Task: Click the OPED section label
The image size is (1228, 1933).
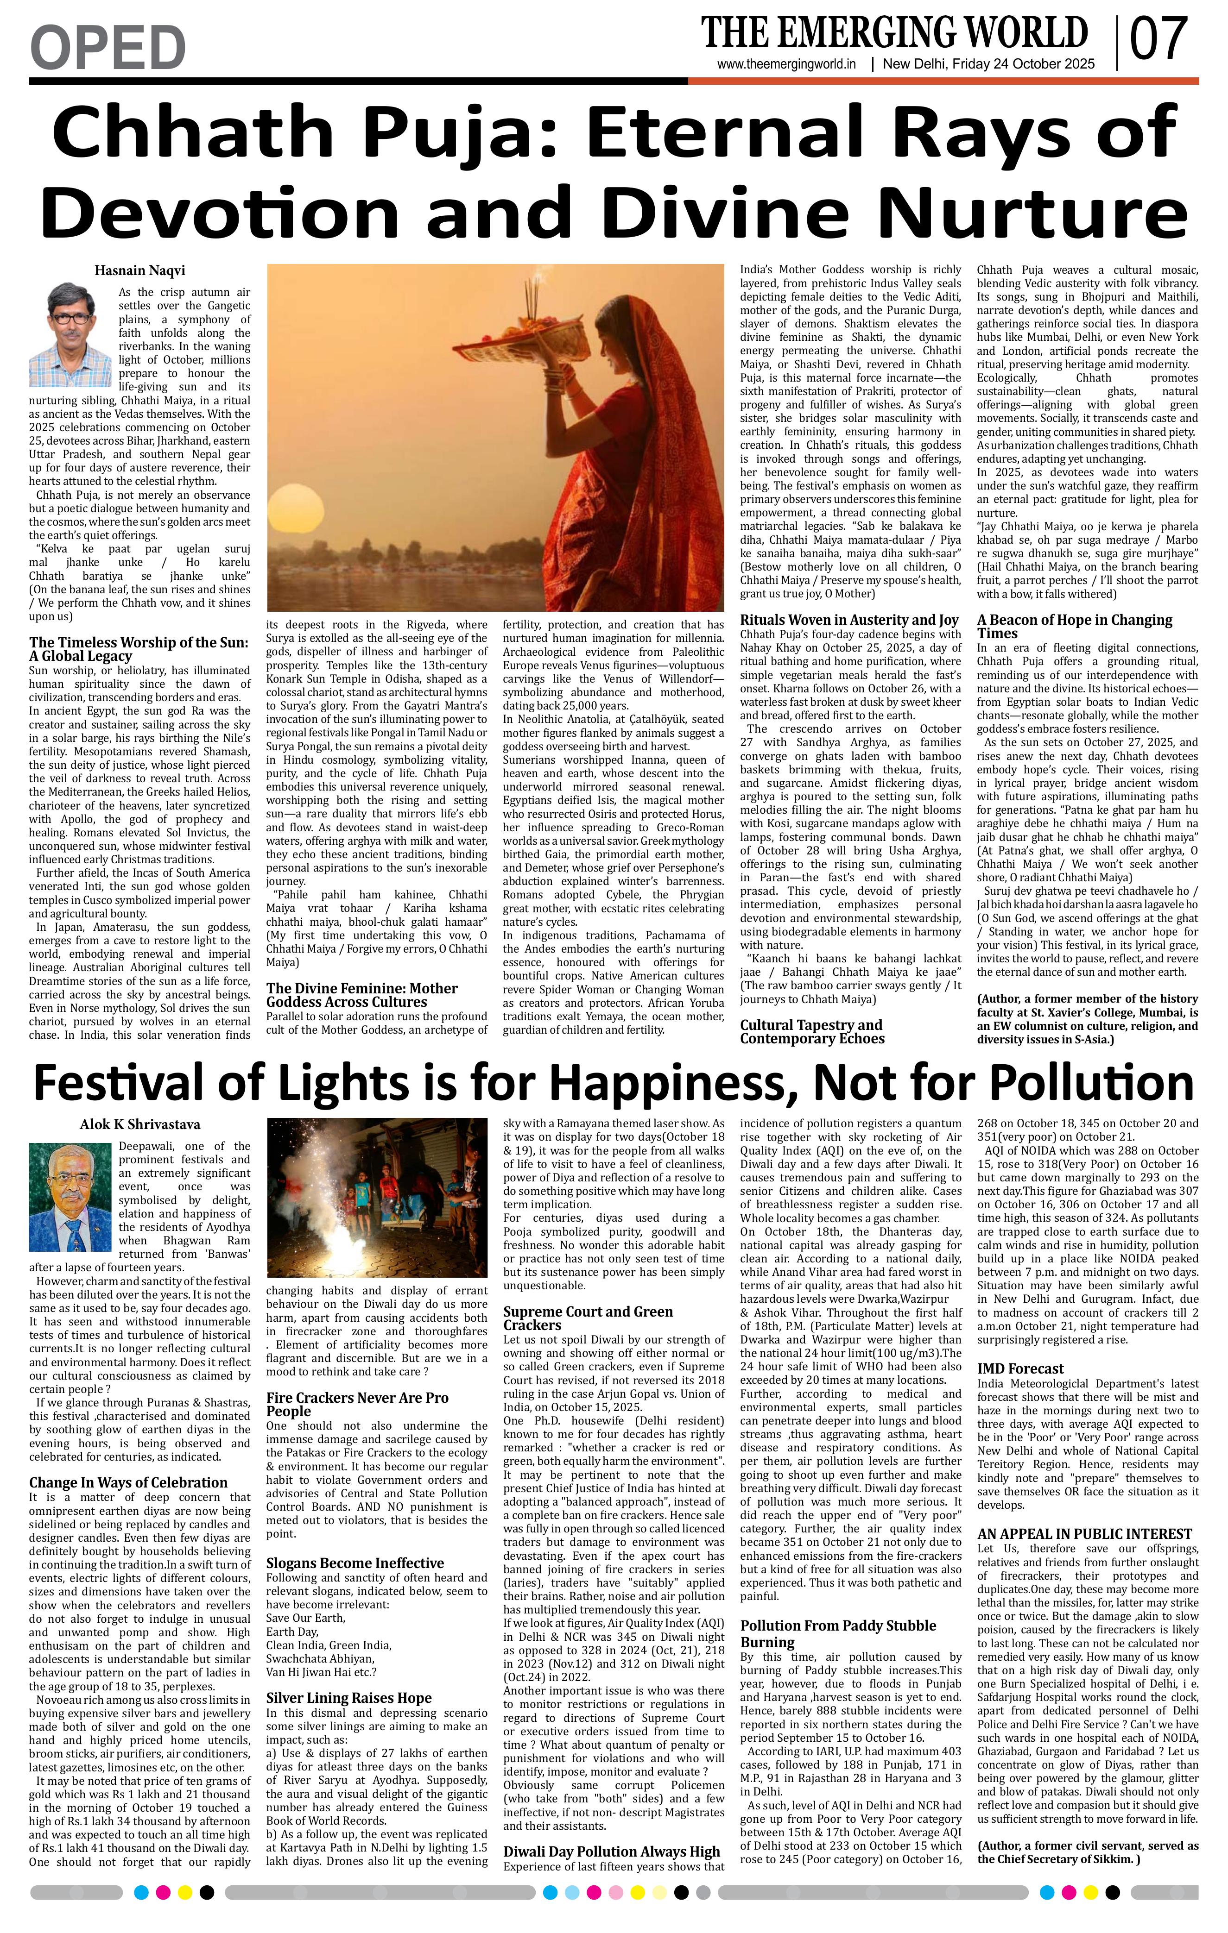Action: click(108, 47)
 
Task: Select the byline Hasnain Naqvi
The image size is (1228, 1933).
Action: click(140, 271)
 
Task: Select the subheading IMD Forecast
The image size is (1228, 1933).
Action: click(1020, 1368)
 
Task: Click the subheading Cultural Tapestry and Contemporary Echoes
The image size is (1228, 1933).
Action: click(811, 1031)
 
